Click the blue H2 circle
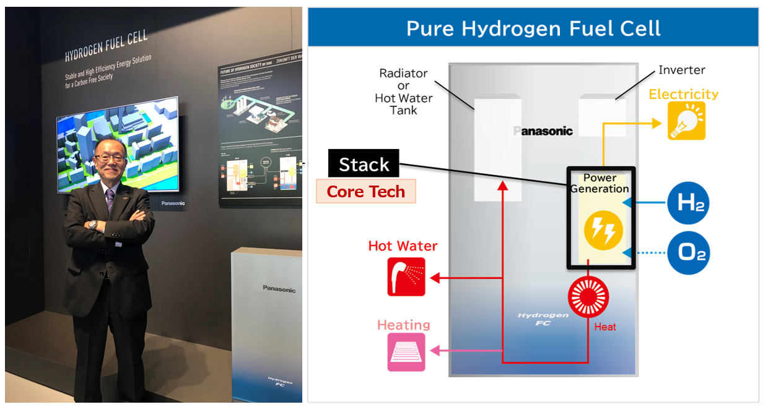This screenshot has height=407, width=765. [x=688, y=203]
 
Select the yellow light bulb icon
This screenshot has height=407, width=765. [x=686, y=121]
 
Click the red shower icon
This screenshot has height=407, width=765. [x=406, y=276]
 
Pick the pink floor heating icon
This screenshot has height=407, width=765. [x=406, y=352]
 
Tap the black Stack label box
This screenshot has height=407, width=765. [x=364, y=165]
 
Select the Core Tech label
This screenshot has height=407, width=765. [x=365, y=192]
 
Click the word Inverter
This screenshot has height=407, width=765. [x=681, y=70]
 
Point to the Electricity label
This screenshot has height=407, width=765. [x=683, y=94]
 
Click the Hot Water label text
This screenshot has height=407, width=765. [x=403, y=246]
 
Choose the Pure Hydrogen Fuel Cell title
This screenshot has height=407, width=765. [x=533, y=28]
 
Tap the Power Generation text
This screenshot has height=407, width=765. [x=600, y=183]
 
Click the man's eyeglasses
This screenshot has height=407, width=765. [x=111, y=158]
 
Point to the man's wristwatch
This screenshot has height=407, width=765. [x=93, y=225]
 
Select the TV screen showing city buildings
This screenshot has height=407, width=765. [x=118, y=144]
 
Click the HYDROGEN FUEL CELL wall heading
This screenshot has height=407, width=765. [x=106, y=46]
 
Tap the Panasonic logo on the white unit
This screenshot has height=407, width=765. [x=279, y=289]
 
